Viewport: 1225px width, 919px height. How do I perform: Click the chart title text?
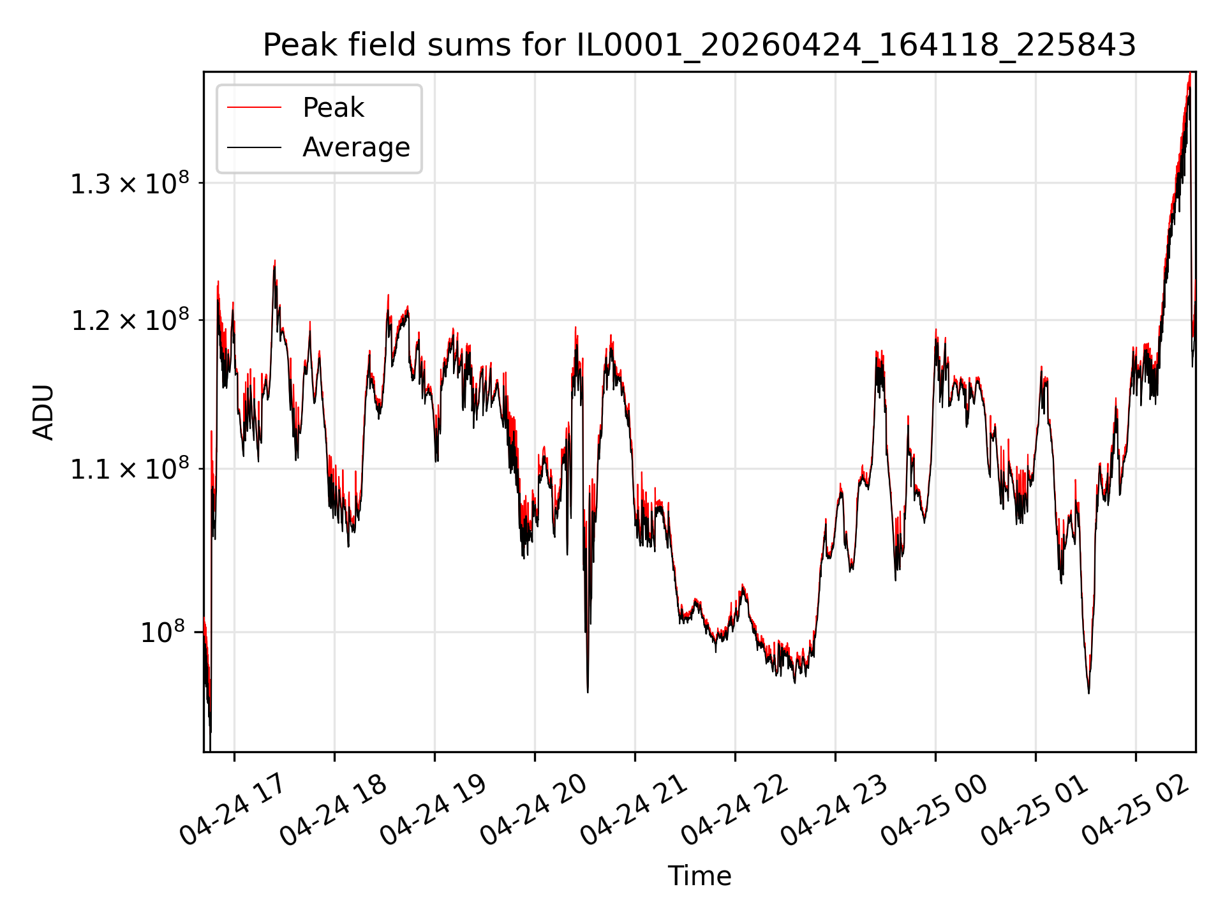click(x=699, y=45)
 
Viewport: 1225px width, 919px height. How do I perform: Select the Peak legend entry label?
click(x=333, y=108)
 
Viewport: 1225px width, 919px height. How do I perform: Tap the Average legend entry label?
click(x=356, y=147)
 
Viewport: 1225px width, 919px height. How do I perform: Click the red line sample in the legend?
click(x=254, y=108)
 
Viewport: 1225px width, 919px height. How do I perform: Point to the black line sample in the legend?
click(x=254, y=147)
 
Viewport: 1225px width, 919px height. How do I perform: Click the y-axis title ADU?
click(x=43, y=412)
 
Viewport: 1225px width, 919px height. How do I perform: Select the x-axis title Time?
click(x=699, y=876)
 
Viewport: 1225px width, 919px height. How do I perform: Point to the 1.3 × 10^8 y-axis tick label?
click(x=130, y=183)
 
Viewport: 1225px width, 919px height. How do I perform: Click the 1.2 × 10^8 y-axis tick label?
click(x=130, y=320)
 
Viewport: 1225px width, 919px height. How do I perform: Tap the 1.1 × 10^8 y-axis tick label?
click(x=130, y=468)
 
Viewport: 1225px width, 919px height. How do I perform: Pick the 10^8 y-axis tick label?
click(x=163, y=632)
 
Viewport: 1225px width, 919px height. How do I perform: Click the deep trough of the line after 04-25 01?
click(x=1088, y=692)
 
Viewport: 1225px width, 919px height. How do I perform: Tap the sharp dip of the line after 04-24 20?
click(x=588, y=691)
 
